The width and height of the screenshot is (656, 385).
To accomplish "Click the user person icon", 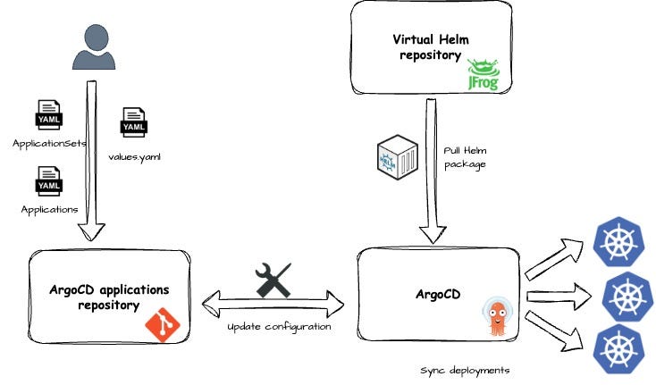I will pyautogui.click(x=94, y=48).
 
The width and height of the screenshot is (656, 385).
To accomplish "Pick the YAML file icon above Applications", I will pyautogui.click(x=48, y=182).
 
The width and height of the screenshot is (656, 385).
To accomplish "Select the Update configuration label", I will pyautogui.click(x=279, y=327).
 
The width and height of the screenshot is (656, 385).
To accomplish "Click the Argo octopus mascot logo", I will pyautogui.click(x=497, y=317).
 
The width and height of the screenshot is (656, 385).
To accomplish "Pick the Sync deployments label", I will pyautogui.click(x=464, y=369).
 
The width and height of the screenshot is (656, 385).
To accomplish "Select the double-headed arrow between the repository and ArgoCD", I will pyautogui.click(x=273, y=305).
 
